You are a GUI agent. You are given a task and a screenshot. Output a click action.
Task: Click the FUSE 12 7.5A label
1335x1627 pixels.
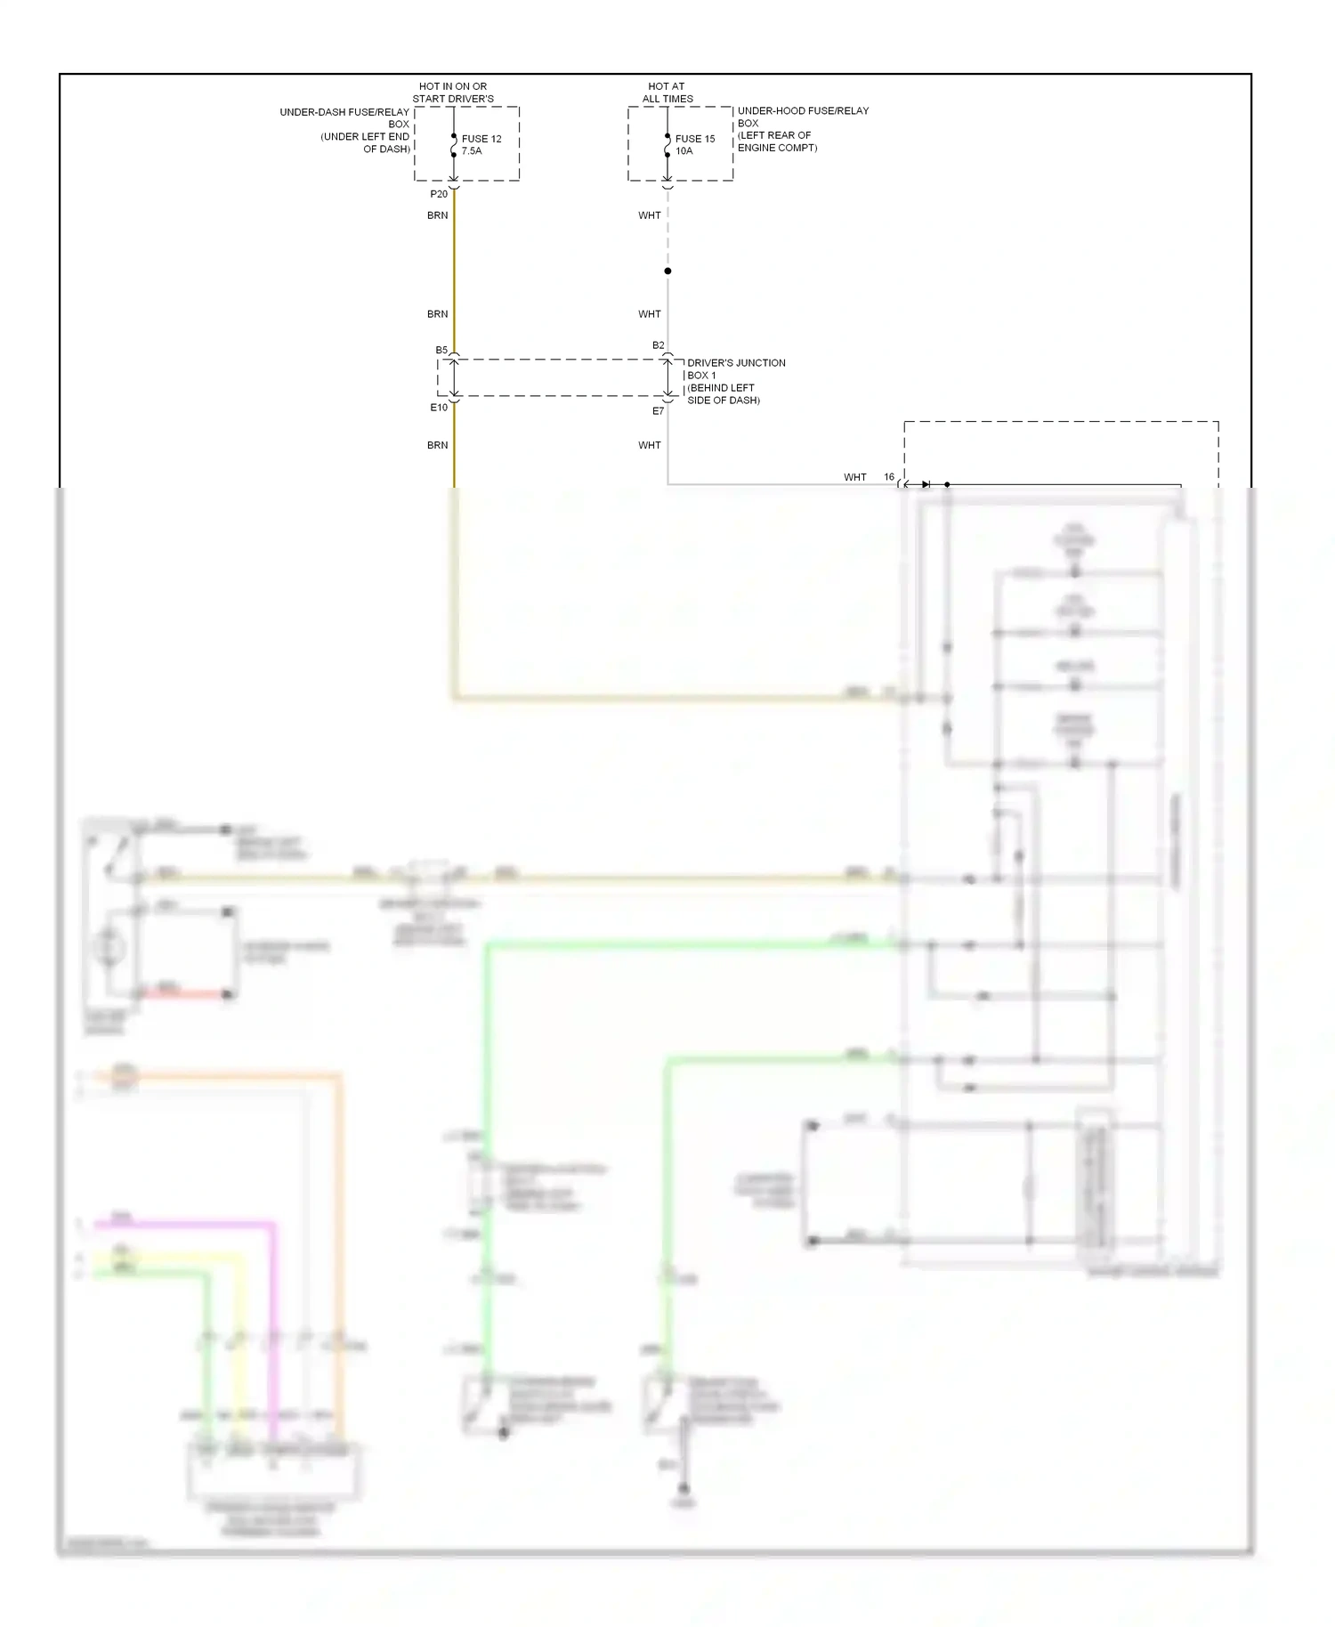click(481, 144)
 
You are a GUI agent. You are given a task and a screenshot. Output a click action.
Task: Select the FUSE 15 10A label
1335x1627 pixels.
click(694, 144)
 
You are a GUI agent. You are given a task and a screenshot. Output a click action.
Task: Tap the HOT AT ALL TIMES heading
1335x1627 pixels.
click(667, 93)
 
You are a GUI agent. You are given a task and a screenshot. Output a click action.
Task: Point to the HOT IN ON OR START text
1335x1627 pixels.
click(453, 93)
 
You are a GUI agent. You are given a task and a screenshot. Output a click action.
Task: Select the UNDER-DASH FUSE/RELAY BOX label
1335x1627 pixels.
click(345, 130)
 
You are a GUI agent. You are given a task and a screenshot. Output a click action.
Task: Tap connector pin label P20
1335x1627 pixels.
click(439, 194)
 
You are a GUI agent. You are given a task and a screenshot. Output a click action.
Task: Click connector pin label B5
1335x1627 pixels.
click(441, 350)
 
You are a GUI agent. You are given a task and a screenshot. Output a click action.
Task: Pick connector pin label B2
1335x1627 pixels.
click(658, 345)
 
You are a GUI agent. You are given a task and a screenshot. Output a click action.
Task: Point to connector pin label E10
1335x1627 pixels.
click(439, 408)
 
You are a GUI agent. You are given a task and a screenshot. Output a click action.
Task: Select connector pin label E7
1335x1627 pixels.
click(658, 411)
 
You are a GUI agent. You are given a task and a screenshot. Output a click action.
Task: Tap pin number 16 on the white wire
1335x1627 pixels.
click(888, 477)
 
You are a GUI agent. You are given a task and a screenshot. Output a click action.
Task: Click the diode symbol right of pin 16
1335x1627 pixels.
click(926, 484)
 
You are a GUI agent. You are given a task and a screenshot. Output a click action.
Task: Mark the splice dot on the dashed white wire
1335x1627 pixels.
click(667, 271)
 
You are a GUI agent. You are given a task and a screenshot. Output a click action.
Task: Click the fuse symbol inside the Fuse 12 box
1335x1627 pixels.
click(454, 145)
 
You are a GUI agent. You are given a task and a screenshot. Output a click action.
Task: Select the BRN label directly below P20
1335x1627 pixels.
click(437, 215)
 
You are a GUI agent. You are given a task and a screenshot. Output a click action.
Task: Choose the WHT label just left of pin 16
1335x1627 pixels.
click(854, 477)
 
